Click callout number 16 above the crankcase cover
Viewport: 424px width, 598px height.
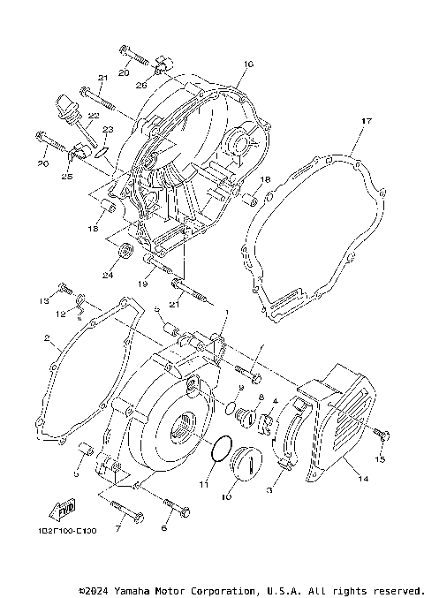pyautogui.click(x=247, y=64)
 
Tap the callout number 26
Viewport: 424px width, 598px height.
pyautogui.click(x=141, y=86)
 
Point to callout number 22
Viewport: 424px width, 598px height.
pyautogui.click(x=93, y=116)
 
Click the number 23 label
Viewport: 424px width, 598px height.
pyautogui.click(x=108, y=130)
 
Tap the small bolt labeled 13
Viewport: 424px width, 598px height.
pyautogui.click(x=64, y=289)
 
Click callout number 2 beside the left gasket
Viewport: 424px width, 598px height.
pyautogui.click(x=45, y=338)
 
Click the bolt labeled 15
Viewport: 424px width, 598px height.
pyautogui.click(x=382, y=433)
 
